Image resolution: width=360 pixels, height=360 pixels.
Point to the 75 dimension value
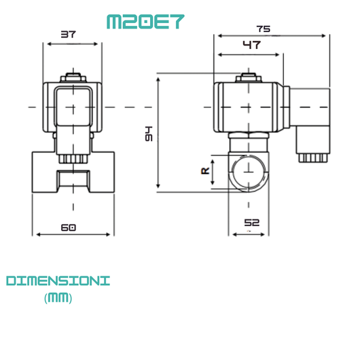click(x=264, y=29)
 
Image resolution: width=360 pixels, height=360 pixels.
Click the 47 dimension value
click(x=251, y=45)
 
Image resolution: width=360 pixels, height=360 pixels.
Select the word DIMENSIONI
click(x=58, y=281)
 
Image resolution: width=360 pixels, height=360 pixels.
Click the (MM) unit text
click(x=58, y=298)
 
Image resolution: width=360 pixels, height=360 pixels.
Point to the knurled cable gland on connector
click(x=312, y=156)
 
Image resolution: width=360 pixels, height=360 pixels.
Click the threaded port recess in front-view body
click(x=71, y=181)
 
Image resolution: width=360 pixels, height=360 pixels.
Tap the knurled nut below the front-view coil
click(x=71, y=159)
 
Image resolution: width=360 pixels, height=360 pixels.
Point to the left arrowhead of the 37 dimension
click(x=47, y=43)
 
